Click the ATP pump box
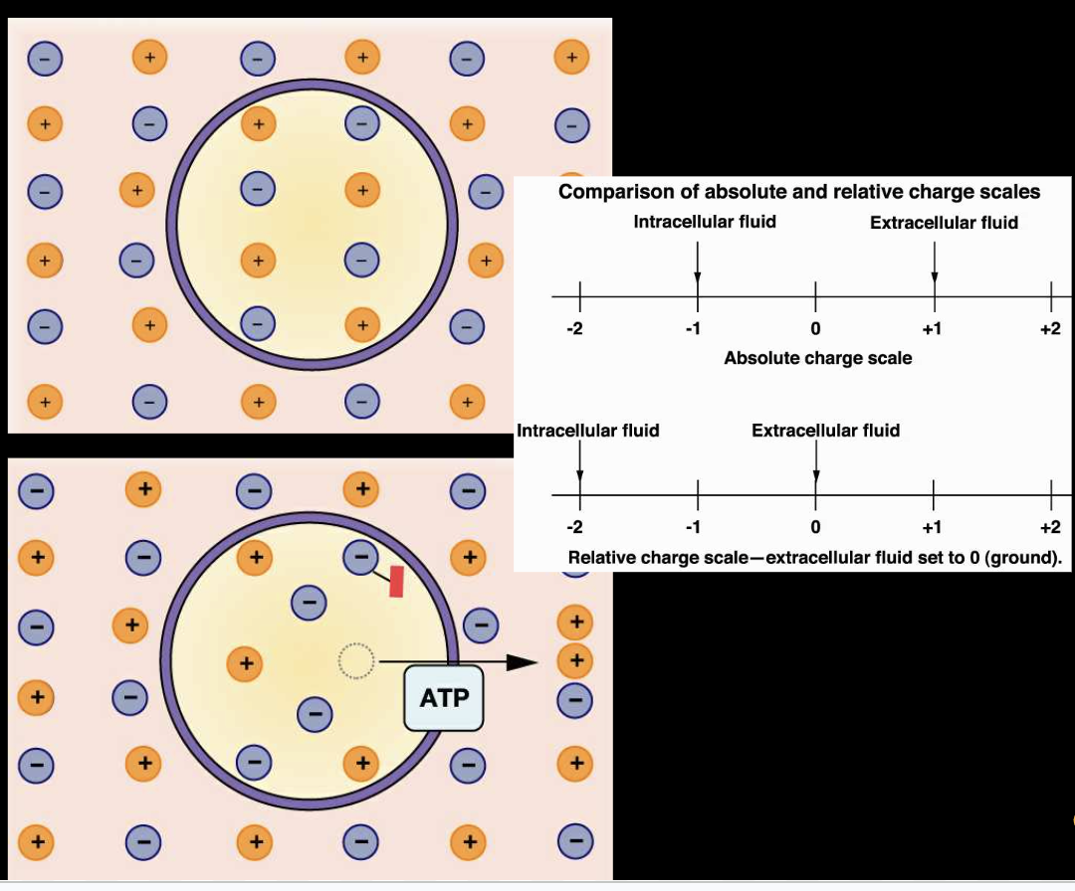point(444,698)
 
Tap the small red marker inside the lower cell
point(396,581)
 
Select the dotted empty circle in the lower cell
point(355,660)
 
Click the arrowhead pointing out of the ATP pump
point(523,661)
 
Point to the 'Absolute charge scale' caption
point(817,358)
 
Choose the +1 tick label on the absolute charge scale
point(932,329)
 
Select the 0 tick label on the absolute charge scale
point(815,329)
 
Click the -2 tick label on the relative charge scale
point(574,527)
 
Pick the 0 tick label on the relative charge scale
point(815,527)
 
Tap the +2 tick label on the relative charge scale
point(1050,527)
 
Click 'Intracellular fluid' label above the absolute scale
point(705,222)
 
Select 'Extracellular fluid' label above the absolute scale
point(944,223)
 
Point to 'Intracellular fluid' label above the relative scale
point(588,431)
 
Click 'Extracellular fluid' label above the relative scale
point(825,431)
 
